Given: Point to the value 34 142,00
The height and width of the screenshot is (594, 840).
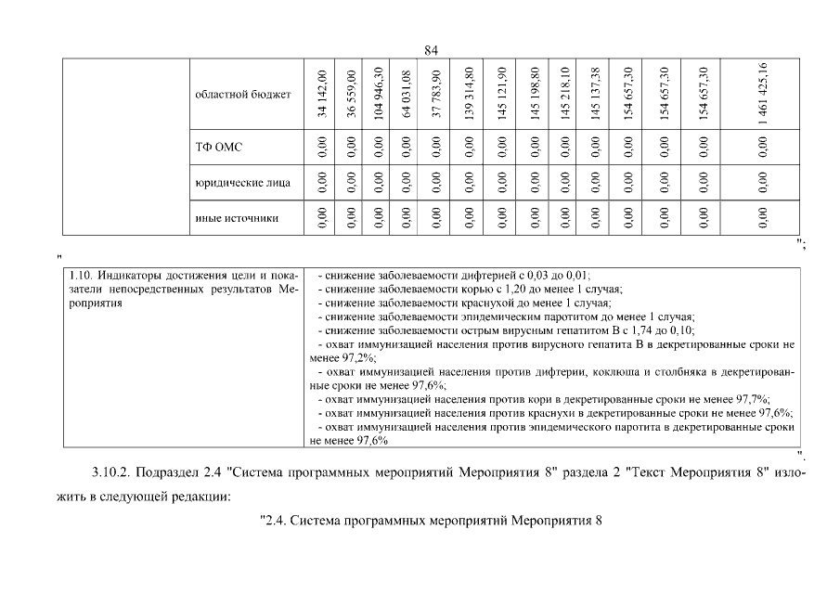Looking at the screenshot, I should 321,94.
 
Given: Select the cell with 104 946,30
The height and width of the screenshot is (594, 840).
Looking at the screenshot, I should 379,94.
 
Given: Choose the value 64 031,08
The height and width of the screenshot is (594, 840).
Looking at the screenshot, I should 407,94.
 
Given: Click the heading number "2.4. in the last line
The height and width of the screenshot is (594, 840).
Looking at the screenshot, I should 274,521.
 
